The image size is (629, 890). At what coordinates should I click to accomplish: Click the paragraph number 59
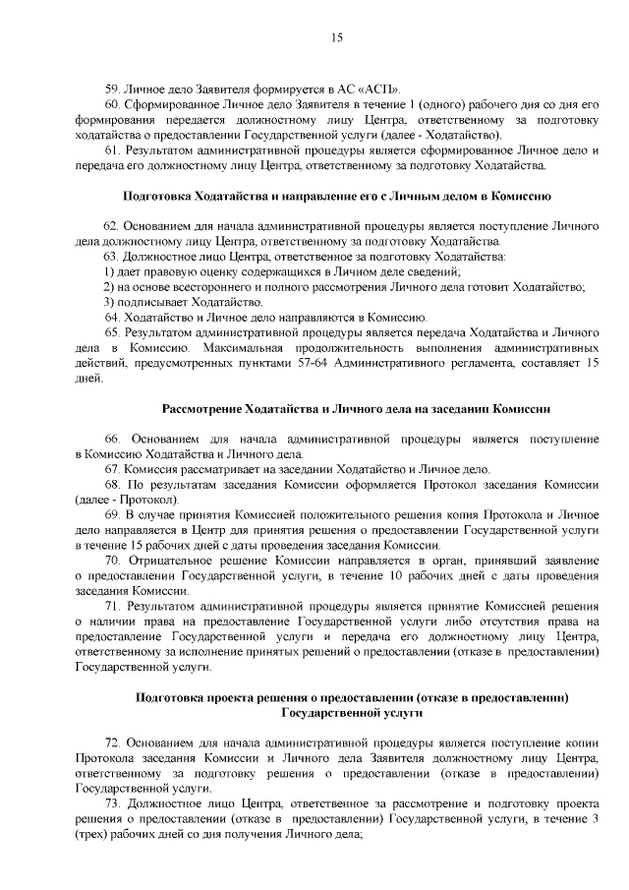click(110, 88)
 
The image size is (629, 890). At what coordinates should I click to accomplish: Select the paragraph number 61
click(110, 150)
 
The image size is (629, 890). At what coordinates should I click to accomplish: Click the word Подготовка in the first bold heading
click(158, 197)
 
